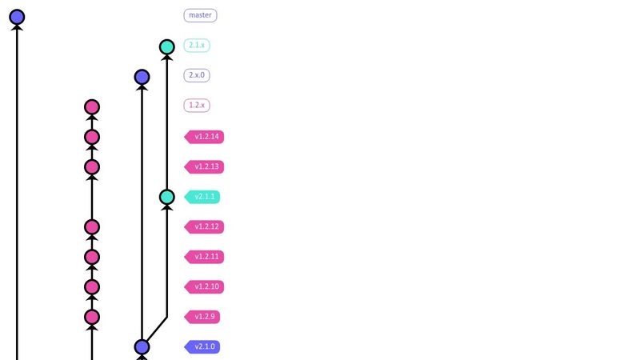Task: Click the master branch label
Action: click(x=200, y=15)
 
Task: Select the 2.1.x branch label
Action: click(x=197, y=46)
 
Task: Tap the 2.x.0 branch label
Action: click(x=197, y=75)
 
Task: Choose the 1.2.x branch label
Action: click(x=197, y=106)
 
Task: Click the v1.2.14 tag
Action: click(x=205, y=137)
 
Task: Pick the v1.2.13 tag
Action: click(x=205, y=167)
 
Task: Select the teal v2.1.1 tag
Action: click(x=203, y=197)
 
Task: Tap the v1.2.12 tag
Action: click(x=205, y=227)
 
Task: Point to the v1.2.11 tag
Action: click(x=205, y=257)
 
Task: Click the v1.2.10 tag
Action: click(x=205, y=286)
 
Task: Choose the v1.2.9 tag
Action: click(x=203, y=317)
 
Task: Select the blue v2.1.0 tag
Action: click(x=203, y=347)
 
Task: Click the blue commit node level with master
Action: click(x=17, y=17)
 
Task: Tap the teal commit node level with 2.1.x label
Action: click(x=166, y=47)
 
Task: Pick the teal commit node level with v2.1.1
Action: click(x=166, y=197)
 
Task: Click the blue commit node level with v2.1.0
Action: click(x=142, y=347)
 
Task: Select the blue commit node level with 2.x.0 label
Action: click(x=142, y=77)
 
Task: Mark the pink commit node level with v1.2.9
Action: click(x=92, y=317)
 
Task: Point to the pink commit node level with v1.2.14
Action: click(x=92, y=137)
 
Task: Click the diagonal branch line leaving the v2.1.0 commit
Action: click(x=155, y=330)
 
